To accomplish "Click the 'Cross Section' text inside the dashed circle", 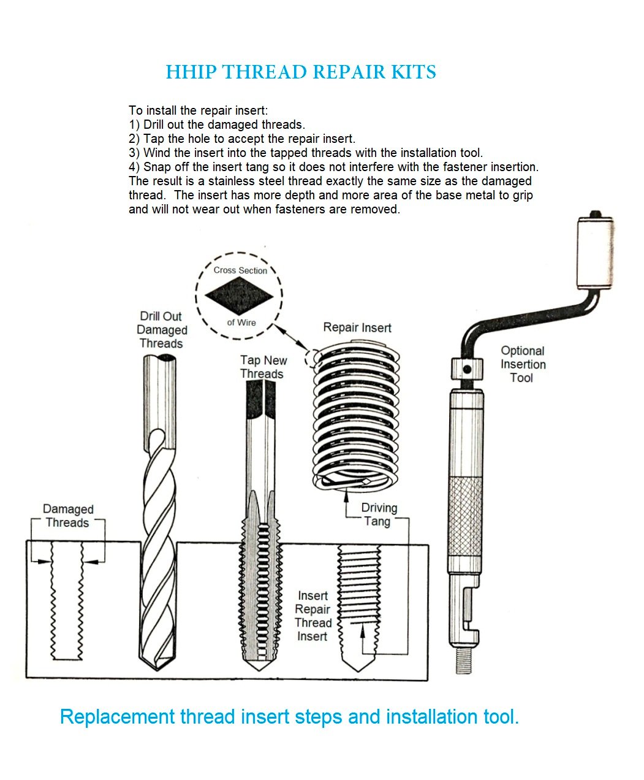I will coord(240,270).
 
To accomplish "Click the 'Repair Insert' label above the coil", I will coord(357,327).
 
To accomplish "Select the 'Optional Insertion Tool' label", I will coord(522,364).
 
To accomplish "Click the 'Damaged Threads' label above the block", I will coord(67,516).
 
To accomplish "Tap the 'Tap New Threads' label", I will coord(262,367).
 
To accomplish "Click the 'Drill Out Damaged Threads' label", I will coord(161,330).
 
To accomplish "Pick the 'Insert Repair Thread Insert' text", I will coord(313,616).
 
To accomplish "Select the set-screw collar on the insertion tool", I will coord(466,369).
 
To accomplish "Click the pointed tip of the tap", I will coord(262,668).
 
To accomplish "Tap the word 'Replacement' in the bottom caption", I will coord(117,717).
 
